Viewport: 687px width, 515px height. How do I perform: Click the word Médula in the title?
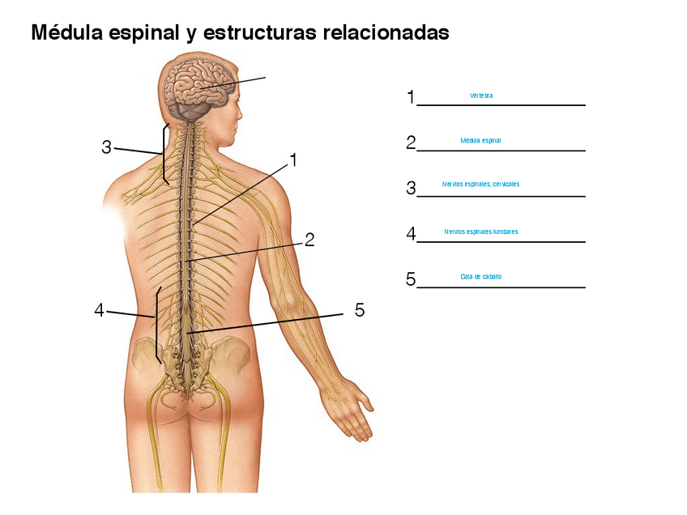click(x=65, y=33)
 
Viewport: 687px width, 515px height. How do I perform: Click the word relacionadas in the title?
click(x=385, y=33)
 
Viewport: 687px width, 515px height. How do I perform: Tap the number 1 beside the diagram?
click(x=293, y=160)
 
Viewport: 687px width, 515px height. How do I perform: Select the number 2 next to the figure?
click(x=309, y=240)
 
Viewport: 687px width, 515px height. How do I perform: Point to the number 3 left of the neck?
click(x=106, y=147)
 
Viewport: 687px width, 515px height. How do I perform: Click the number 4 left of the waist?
click(x=99, y=310)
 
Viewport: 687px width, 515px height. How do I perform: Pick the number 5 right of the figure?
click(x=360, y=310)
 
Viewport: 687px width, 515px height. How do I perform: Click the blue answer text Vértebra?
click(x=481, y=96)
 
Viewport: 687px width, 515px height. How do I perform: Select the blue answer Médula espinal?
click(x=480, y=140)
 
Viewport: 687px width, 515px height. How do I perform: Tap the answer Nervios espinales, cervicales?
click(x=480, y=184)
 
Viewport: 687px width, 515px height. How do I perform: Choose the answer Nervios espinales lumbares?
click(x=480, y=232)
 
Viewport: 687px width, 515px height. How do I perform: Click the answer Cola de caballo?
click(x=480, y=276)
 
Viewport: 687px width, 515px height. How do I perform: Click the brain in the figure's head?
click(x=198, y=85)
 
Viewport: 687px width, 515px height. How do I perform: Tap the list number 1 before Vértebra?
click(x=411, y=97)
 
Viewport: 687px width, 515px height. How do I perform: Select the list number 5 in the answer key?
click(x=411, y=280)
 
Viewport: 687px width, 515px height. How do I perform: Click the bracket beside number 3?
click(x=164, y=154)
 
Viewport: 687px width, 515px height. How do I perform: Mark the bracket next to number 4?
click(x=157, y=324)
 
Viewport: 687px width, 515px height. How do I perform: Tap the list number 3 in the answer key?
click(x=411, y=189)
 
